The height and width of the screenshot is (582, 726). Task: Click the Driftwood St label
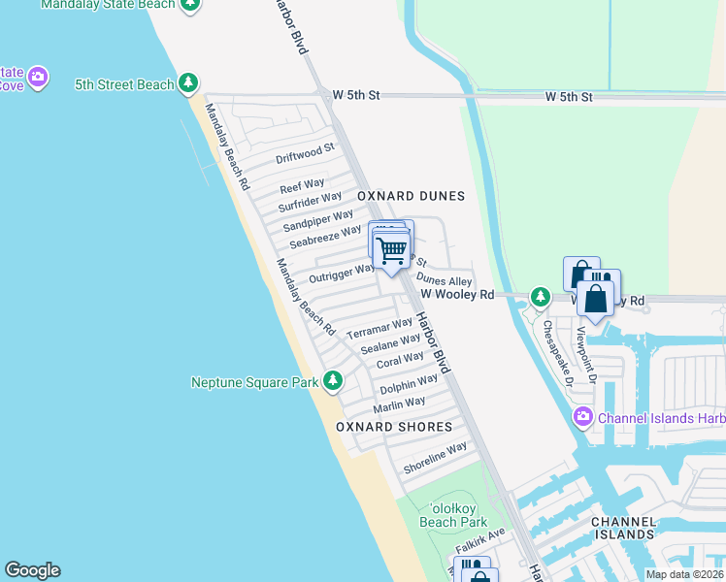(305, 153)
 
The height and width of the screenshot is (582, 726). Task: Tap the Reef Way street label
(302, 185)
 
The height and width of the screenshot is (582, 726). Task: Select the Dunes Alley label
(444, 280)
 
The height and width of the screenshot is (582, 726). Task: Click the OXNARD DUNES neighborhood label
(411, 196)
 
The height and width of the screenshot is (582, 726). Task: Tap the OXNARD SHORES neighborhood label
(394, 427)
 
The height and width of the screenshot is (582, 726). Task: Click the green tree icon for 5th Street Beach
(189, 84)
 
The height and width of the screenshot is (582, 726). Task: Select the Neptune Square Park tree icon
(333, 381)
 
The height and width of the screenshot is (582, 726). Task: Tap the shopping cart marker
(392, 251)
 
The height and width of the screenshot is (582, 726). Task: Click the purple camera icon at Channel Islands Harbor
(582, 418)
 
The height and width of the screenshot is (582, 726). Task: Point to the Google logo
(32, 570)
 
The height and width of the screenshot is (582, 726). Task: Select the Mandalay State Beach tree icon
(191, 5)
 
